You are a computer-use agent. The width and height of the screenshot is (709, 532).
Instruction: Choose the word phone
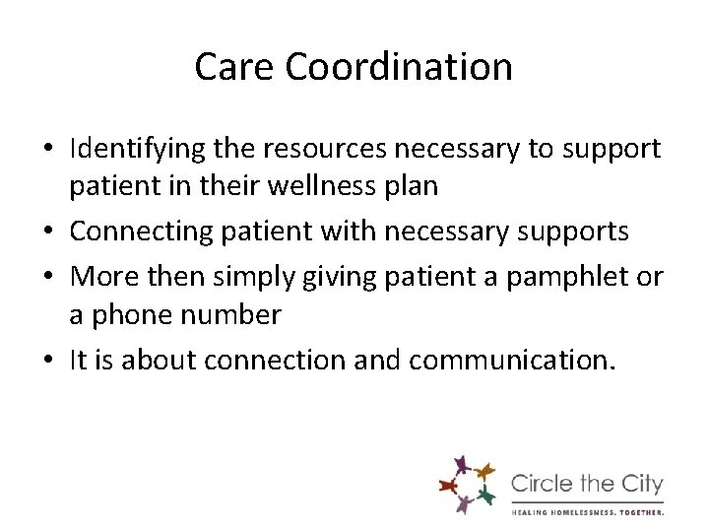137,316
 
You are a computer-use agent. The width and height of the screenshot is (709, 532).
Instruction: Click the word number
234,316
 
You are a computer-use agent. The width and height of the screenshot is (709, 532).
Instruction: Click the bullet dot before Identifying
49,150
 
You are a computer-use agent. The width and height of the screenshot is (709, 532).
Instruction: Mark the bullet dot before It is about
49,361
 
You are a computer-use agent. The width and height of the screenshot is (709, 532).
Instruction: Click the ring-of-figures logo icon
466,485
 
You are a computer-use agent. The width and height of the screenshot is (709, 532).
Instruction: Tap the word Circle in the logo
544,485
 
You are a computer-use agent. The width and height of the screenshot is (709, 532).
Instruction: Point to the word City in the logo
641,485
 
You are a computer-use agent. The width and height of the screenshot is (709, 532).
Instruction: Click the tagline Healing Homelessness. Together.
588,511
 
